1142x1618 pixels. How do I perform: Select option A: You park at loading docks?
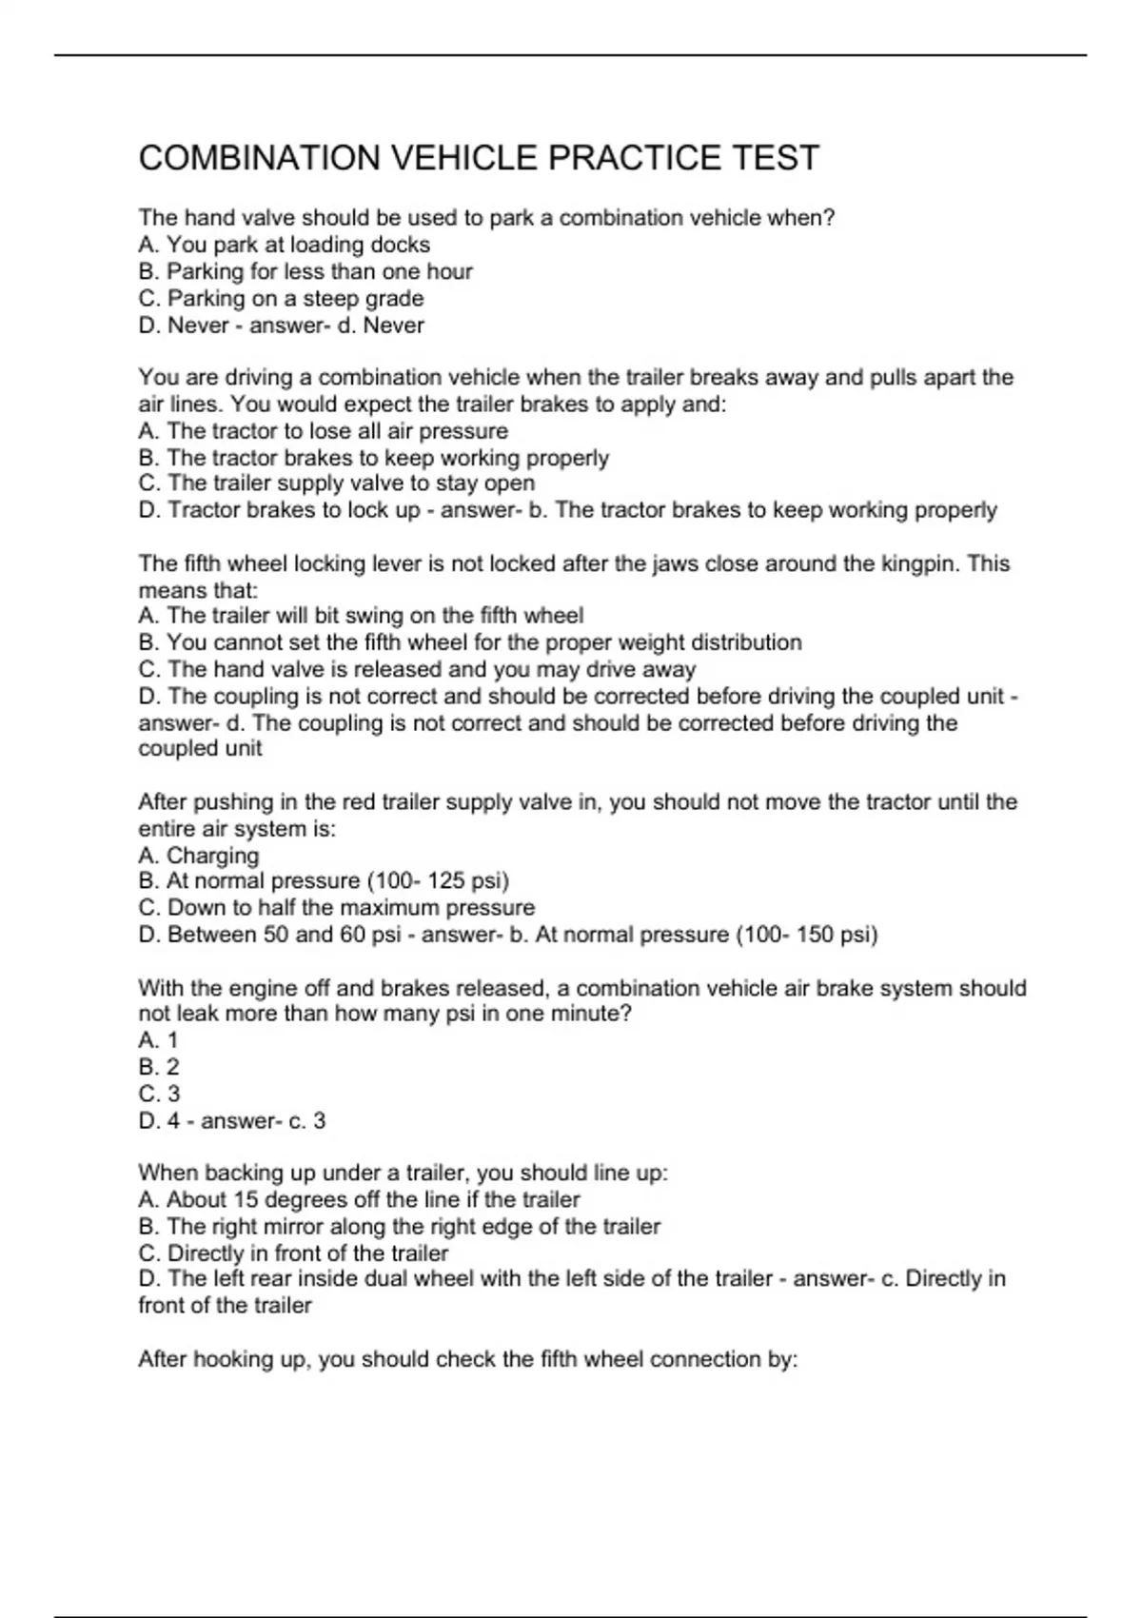click(x=284, y=245)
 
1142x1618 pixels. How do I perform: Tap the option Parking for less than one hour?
click(x=305, y=271)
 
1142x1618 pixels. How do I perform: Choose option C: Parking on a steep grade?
click(x=281, y=298)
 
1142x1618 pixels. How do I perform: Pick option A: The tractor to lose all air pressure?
click(x=323, y=430)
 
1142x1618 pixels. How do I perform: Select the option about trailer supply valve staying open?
click(x=336, y=483)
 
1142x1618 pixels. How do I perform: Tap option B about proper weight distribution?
click(x=470, y=642)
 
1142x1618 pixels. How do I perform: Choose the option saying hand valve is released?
click(x=417, y=669)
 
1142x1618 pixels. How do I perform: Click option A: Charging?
click(x=198, y=855)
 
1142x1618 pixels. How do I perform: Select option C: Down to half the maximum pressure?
click(x=336, y=907)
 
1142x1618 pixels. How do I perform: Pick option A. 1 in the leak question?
click(x=158, y=1039)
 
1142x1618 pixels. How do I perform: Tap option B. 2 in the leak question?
click(x=158, y=1067)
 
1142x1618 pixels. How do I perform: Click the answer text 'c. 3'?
click(x=306, y=1121)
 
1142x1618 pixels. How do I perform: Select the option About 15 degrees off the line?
click(x=359, y=1199)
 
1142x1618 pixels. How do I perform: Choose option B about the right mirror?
click(x=399, y=1226)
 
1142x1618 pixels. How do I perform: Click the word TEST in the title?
click(x=776, y=158)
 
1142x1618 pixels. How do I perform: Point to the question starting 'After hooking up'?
click(x=467, y=1359)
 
